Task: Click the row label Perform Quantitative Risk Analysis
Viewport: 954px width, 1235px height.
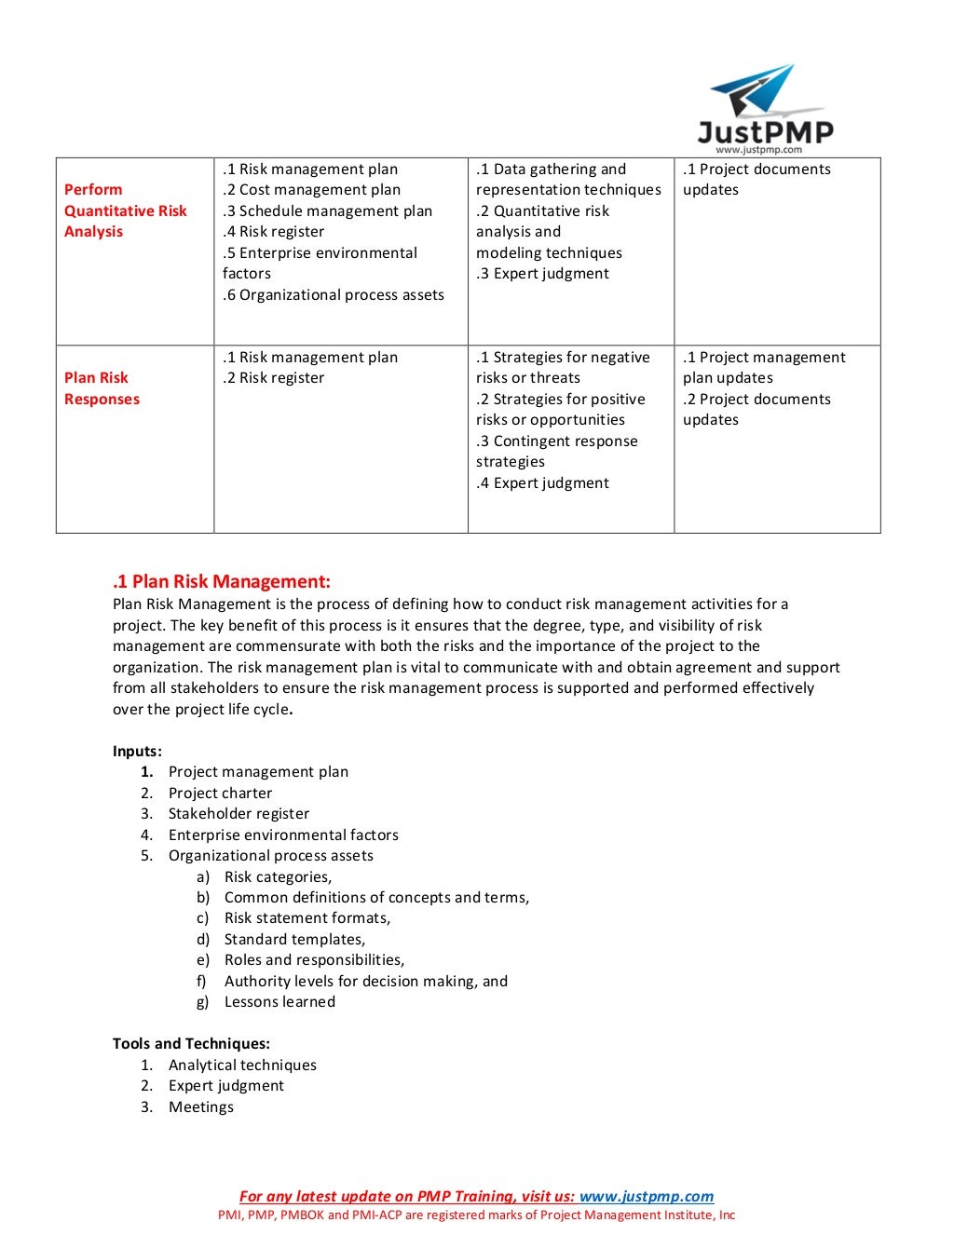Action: click(x=125, y=210)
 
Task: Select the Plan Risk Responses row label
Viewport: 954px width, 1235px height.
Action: click(x=102, y=388)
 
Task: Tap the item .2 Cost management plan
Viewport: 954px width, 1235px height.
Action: click(x=311, y=190)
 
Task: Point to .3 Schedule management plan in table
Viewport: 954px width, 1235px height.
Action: click(x=327, y=211)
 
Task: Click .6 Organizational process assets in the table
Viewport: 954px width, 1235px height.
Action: click(x=333, y=295)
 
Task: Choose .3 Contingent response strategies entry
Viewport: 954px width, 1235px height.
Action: click(x=556, y=452)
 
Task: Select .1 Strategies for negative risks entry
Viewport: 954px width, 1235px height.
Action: click(x=562, y=368)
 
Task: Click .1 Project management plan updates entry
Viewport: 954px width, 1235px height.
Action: click(x=763, y=368)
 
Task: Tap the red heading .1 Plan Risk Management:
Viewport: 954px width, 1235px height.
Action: click(x=221, y=582)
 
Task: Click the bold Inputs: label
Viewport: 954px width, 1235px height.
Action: click(x=137, y=752)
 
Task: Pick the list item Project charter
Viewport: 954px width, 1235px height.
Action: click(x=220, y=794)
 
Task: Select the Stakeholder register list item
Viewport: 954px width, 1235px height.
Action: click(x=238, y=814)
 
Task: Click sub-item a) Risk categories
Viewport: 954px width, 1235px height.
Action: click(x=278, y=877)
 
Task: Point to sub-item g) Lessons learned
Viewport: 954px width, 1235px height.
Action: click(x=279, y=1002)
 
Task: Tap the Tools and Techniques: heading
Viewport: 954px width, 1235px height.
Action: click(x=191, y=1044)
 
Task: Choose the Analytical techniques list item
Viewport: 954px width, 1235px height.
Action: click(x=242, y=1065)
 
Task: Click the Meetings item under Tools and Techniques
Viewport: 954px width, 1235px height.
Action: click(x=201, y=1107)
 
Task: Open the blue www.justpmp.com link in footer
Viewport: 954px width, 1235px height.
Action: click(x=646, y=1197)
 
